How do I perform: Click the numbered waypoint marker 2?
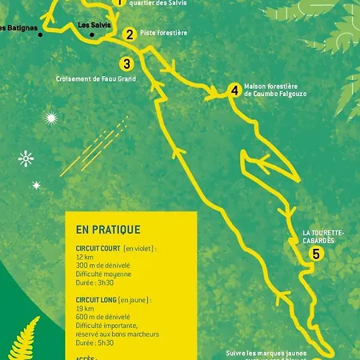[129, 34]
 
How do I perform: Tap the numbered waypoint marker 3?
[126, 64]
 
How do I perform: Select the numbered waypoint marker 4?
[234, 90]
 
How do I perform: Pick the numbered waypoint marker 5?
[317, 254]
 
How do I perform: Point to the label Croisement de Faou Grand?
[96, 79]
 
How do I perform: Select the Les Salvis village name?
[94, 26]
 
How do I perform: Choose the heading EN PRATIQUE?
[108, 229]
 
